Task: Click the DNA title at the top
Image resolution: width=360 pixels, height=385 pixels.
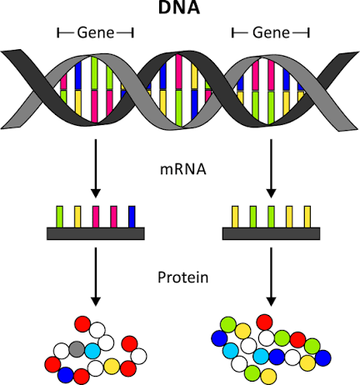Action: pyautogui.click(x=179, y=9)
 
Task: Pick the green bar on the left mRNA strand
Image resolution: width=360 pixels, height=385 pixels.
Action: pyautogui.click(x=58, y=214)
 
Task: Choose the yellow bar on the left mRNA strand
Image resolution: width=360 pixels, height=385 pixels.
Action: pyautogui.click(x=77, y=214)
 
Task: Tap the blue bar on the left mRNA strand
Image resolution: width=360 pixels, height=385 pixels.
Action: pyautogui.click(x=132, y=214)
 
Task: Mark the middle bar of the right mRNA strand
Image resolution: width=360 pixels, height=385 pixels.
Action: pyautogui.click(x=270, y=214)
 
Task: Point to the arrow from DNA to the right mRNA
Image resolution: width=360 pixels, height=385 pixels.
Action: pyautogui.click(x=270, y=167)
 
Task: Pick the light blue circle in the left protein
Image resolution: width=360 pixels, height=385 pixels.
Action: pyautogui.click(x=92, y=352)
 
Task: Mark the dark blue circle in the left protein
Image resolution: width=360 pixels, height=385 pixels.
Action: pyautogui.click(x=66, y=375)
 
